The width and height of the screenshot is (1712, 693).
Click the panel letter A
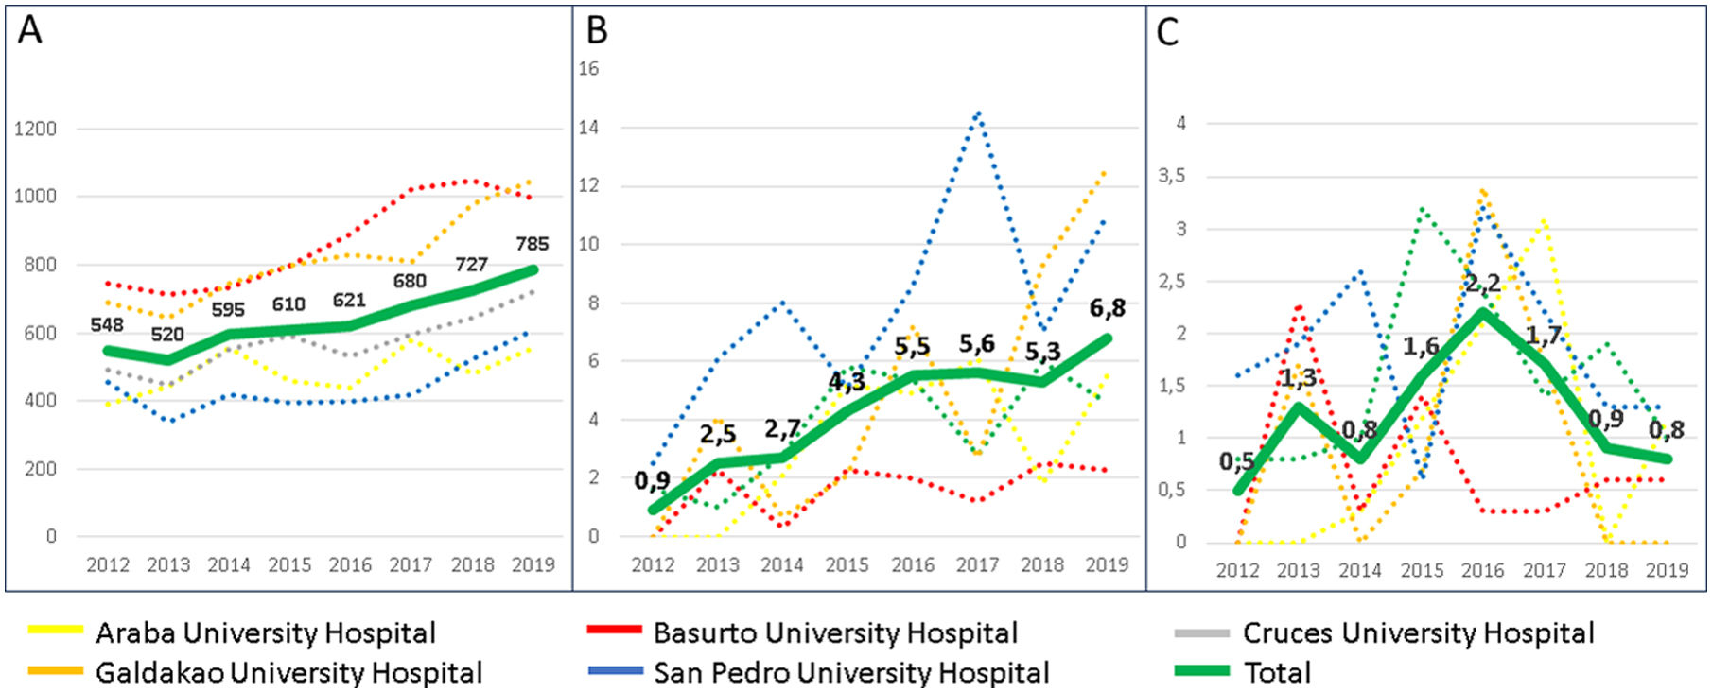pyautogui.click(x=30, y=30)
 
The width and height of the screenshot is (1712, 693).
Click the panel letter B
pyautogui.click(x=597, y=30)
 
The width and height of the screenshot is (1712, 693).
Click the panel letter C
pyautogui.click(x=1168, y=32)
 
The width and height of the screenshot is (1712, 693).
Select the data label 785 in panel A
pyautogui.click(x=532, y=244)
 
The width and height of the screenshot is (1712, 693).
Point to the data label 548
pyautogui.click(x=107, y=325)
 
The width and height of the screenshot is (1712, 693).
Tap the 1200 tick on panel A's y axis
pyautogui.click(x=35, y=129)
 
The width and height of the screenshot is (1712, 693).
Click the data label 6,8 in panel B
pyautogui.click(x=1107, y=308)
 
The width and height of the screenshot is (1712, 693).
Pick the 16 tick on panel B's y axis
pyautogui.click(x=588, y=68)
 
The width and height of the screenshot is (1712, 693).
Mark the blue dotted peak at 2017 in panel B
pyautogui.click(x=978, y=113)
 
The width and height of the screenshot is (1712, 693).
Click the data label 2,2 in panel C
pyautogui.click(x=1482, y=283)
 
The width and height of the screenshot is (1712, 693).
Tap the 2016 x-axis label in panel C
pyautogui.click(x=1482, y=570)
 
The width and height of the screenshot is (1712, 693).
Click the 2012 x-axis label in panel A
pyautogui.click(x=108, y=564)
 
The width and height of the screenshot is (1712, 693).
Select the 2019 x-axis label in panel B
pyautogui.click(x=1107, y=564)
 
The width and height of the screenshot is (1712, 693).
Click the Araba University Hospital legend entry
pyautogui.click(x=265, y=632)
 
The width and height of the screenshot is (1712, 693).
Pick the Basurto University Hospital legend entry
pyautogui.click(x=834, y=632)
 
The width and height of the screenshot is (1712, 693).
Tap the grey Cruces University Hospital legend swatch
pyautogui.click(x=1201, y=632)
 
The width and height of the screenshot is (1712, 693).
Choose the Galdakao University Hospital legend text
pyautogui.click(x=288, y=672)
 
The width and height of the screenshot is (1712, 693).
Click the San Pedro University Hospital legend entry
pyautogui.click(x=850, y=672)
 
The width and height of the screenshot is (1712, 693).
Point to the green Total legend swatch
pyautogui.click(x=1201, y=671)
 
